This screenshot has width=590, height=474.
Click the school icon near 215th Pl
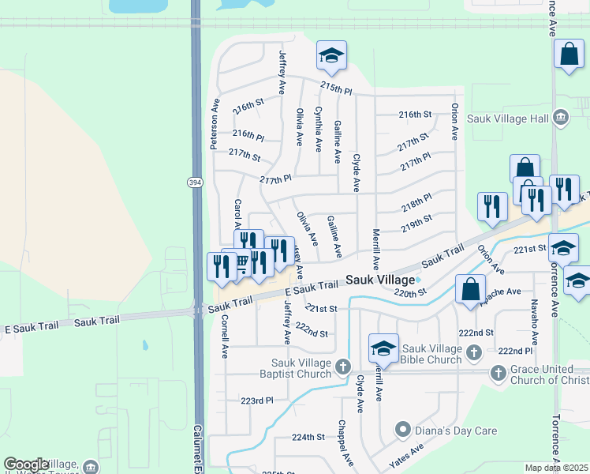[x=331, y=56]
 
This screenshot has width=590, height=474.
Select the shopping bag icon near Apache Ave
[x=470, y=289]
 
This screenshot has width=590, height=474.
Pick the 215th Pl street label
[x=336, y=88]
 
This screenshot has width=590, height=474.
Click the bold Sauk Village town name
[x=380, y=280]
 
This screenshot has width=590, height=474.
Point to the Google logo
[x=26, y=465]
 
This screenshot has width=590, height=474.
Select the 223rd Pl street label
[x=257, y=401]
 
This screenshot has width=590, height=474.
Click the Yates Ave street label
[x=406, y=456]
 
